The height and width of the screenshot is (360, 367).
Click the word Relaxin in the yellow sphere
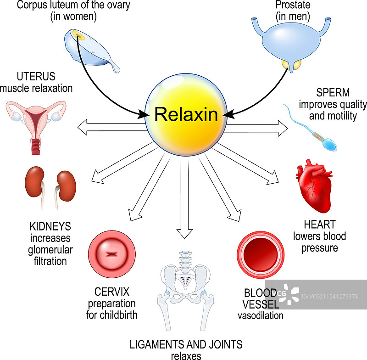[x=186, y=114]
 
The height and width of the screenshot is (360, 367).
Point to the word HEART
[x=320, y=225]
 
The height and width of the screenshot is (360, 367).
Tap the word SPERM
[x=333, y=93]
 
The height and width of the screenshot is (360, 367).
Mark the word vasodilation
[x=260, y=315]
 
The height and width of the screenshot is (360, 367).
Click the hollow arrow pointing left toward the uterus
[x=111, y=127]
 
